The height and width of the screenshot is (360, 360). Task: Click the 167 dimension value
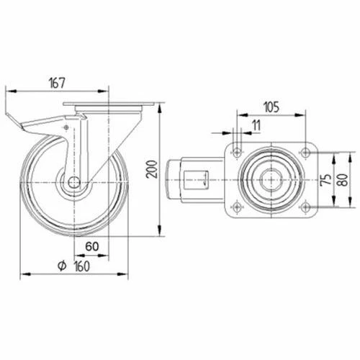[57, 83]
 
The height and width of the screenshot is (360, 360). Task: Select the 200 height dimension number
[152, 169]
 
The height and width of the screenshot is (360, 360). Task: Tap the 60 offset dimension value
[92, 246]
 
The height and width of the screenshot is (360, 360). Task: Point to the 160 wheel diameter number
[82, 266]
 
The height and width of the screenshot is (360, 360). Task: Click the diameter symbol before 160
[62, 266]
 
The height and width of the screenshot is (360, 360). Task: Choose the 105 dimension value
[271, 107]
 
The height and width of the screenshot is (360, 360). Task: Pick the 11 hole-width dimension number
[256, 125]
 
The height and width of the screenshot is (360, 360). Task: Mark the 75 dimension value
[326, 179]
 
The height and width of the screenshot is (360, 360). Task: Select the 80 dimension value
[343, 179]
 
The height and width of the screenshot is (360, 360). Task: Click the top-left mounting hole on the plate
[237, 152]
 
